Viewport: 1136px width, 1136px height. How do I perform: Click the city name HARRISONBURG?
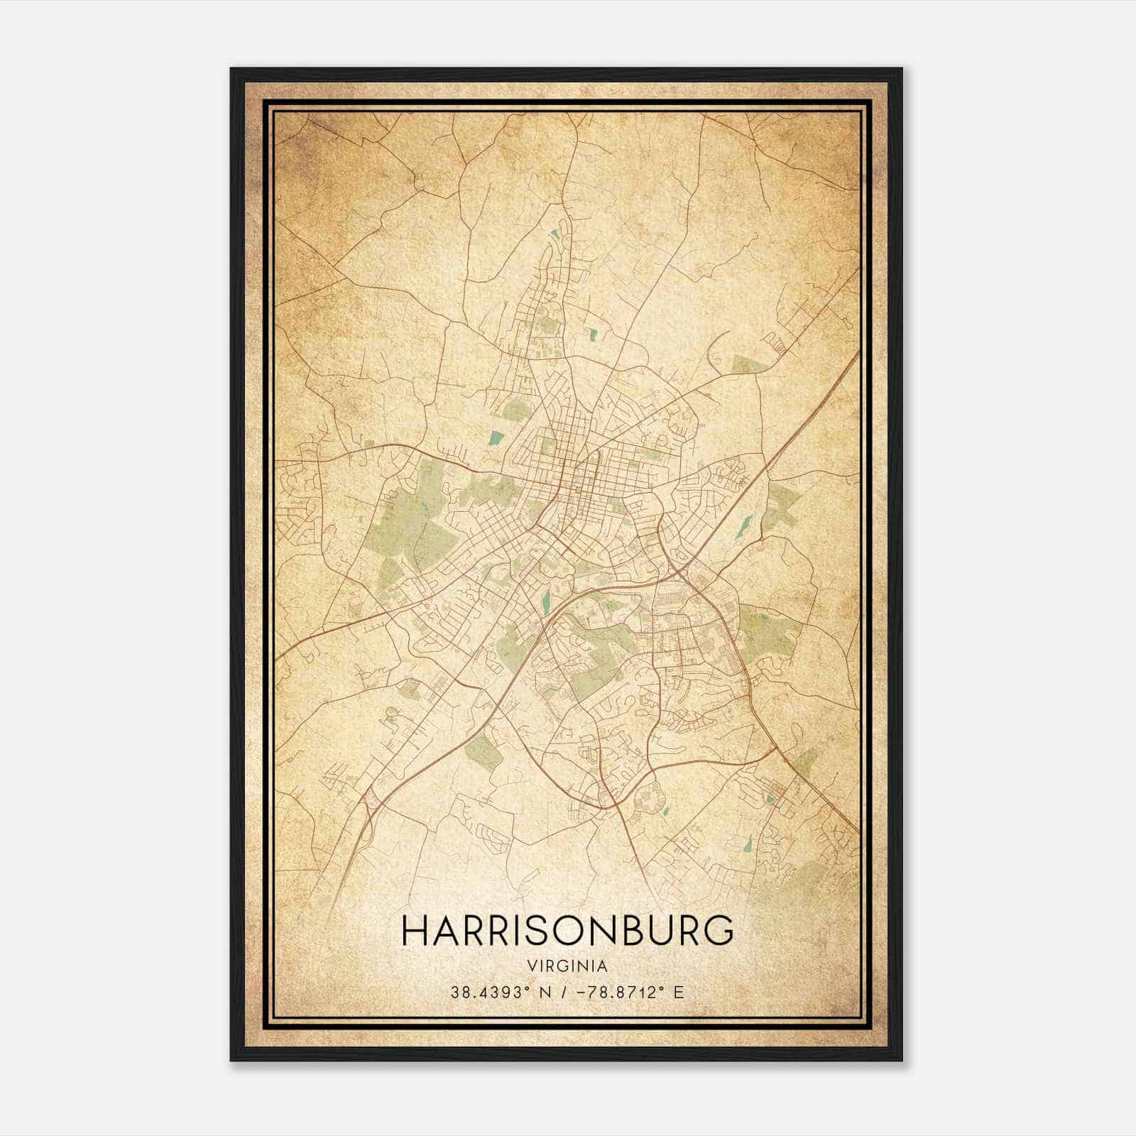[567, 931]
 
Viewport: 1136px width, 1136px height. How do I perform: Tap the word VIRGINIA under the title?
[567, 966]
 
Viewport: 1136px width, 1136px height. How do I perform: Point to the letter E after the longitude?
[679, 992]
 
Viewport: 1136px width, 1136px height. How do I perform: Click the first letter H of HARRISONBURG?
[415, 931]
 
